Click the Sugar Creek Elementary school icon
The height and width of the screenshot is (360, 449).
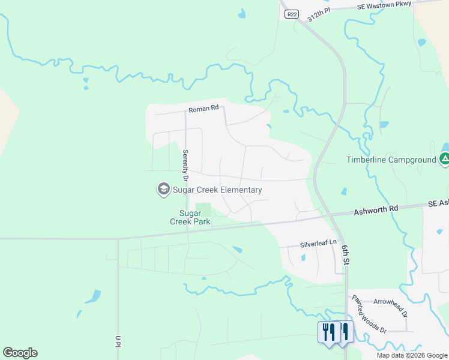[163, 190]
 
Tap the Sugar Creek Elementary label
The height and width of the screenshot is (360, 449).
[217, 190]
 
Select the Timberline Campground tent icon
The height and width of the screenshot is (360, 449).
[444, 159]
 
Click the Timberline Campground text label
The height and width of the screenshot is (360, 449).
[391, 160]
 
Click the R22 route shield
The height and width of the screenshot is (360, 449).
[292, 14]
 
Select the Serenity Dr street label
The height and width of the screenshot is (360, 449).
[185, 166]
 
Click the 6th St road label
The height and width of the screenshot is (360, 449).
[345, 254]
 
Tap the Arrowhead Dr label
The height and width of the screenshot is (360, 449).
[390, 305]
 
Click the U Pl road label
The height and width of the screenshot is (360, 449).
[119, 341]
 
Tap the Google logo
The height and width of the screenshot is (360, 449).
[20, 353]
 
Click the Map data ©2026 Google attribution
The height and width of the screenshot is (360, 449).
[412, 355]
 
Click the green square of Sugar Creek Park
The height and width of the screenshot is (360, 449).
[204, 210]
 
